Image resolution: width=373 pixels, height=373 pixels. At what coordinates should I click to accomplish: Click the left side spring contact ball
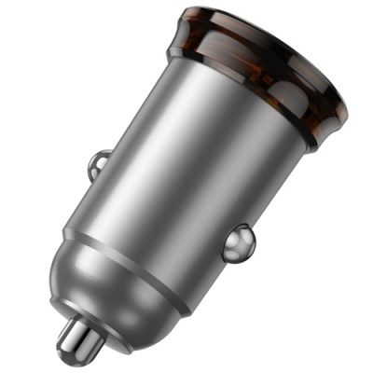click(x=98, y=165)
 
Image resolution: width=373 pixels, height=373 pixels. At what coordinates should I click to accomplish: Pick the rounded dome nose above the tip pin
click(x=112, y=289)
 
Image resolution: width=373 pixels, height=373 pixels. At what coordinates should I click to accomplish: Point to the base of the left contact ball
click(x=108, y=169)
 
